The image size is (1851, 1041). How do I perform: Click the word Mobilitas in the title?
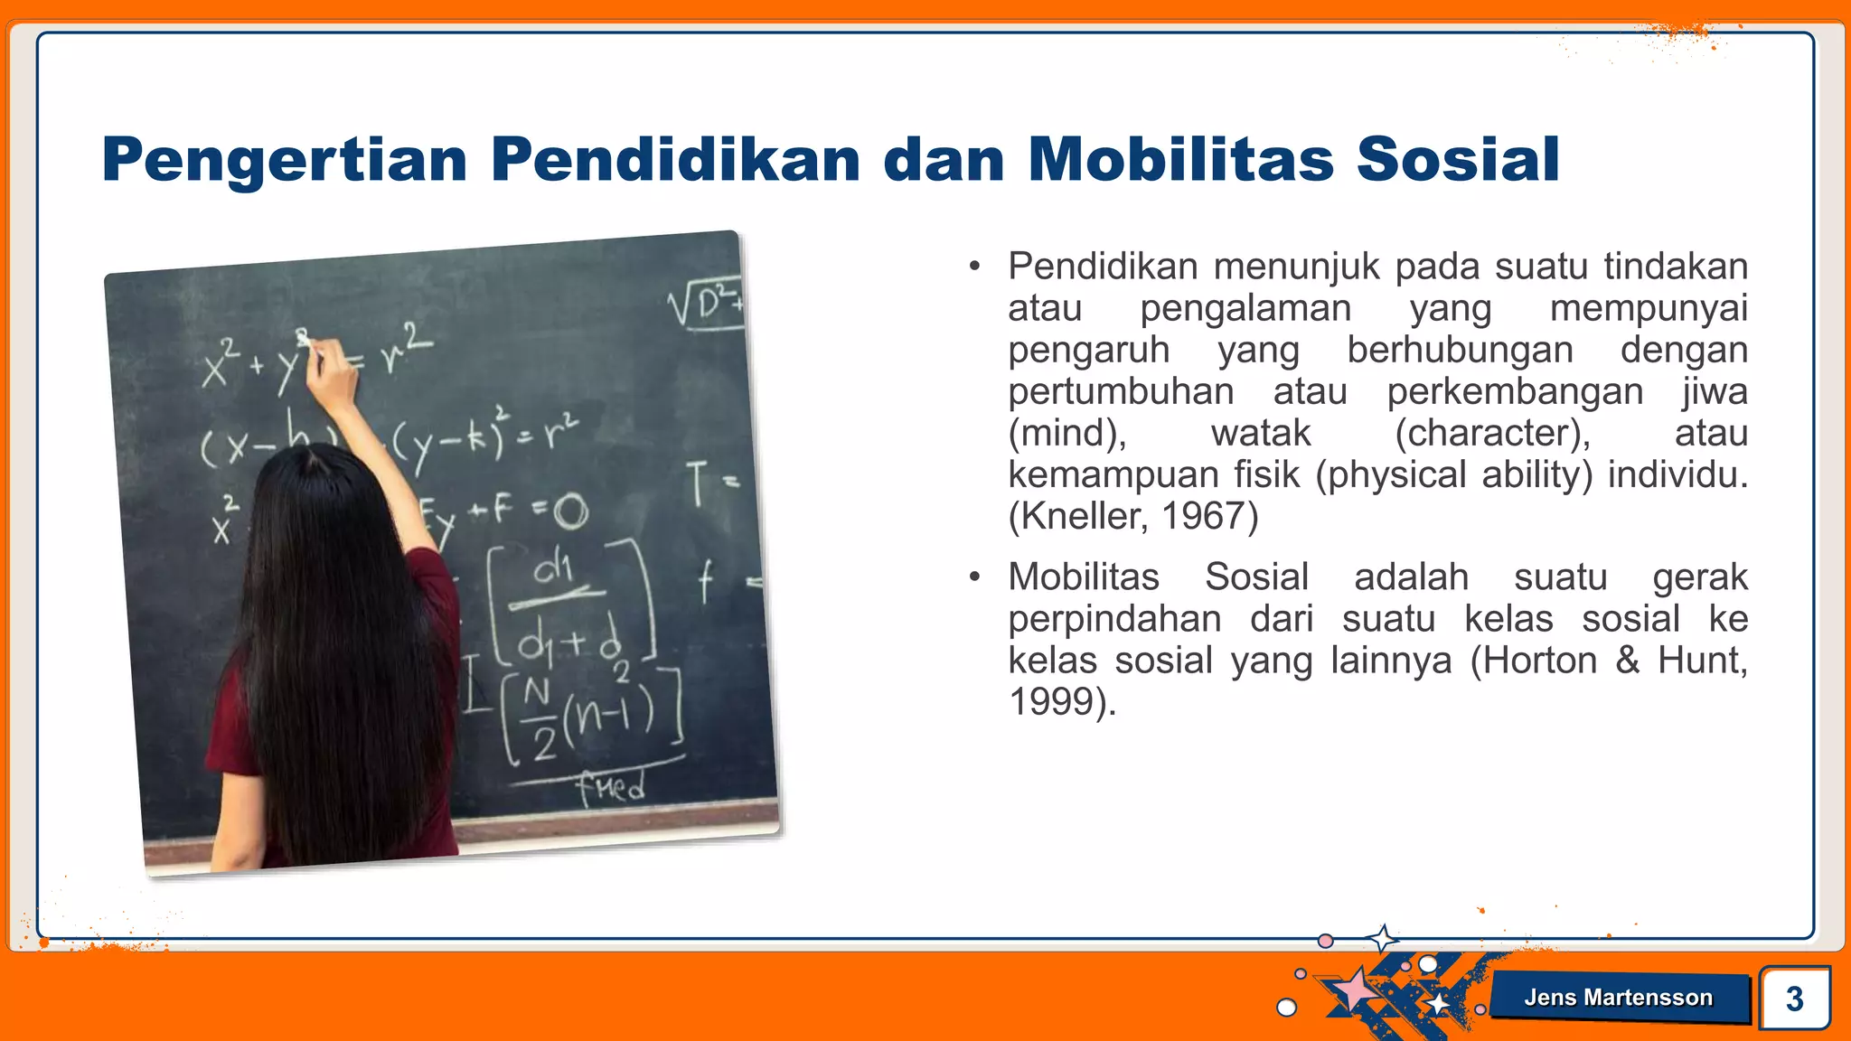tap(1179, 159)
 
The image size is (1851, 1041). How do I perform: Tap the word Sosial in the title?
tap(1457, 159)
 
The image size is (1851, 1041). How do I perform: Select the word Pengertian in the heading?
tap(284, 161)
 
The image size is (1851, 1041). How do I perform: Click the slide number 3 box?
tap(1794, 999)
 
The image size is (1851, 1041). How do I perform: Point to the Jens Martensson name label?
tap(1618, 998)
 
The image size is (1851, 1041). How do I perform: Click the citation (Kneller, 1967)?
tap(1132, 516)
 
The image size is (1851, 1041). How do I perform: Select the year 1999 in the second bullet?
tap(1050, 702)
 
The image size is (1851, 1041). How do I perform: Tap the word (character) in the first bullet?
tap(1492, 433)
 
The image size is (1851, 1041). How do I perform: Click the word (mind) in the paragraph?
tap(1066, 433)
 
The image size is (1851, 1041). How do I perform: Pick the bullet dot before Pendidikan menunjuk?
tap(973, 267)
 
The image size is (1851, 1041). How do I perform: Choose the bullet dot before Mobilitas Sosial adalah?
tap(973, 577)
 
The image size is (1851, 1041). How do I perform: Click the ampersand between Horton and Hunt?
tap(1627, 661)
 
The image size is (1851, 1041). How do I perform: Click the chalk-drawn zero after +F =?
tap(570, 512)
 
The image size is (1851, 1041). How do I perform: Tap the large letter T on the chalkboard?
tap(697, 483)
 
